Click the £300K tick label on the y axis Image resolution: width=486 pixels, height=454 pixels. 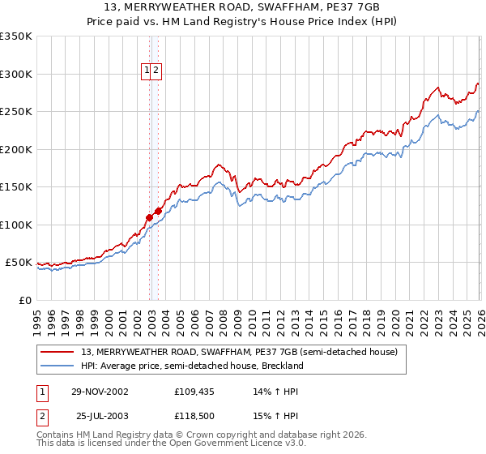(16, 74)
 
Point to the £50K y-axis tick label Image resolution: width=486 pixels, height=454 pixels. (19, 263)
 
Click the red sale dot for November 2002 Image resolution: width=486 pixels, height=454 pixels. (150, 217)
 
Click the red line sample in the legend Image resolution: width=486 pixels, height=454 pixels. (58, 353)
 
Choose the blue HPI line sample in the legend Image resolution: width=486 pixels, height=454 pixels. (58, 366)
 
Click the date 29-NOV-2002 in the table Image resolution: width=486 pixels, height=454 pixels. (100, 392)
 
